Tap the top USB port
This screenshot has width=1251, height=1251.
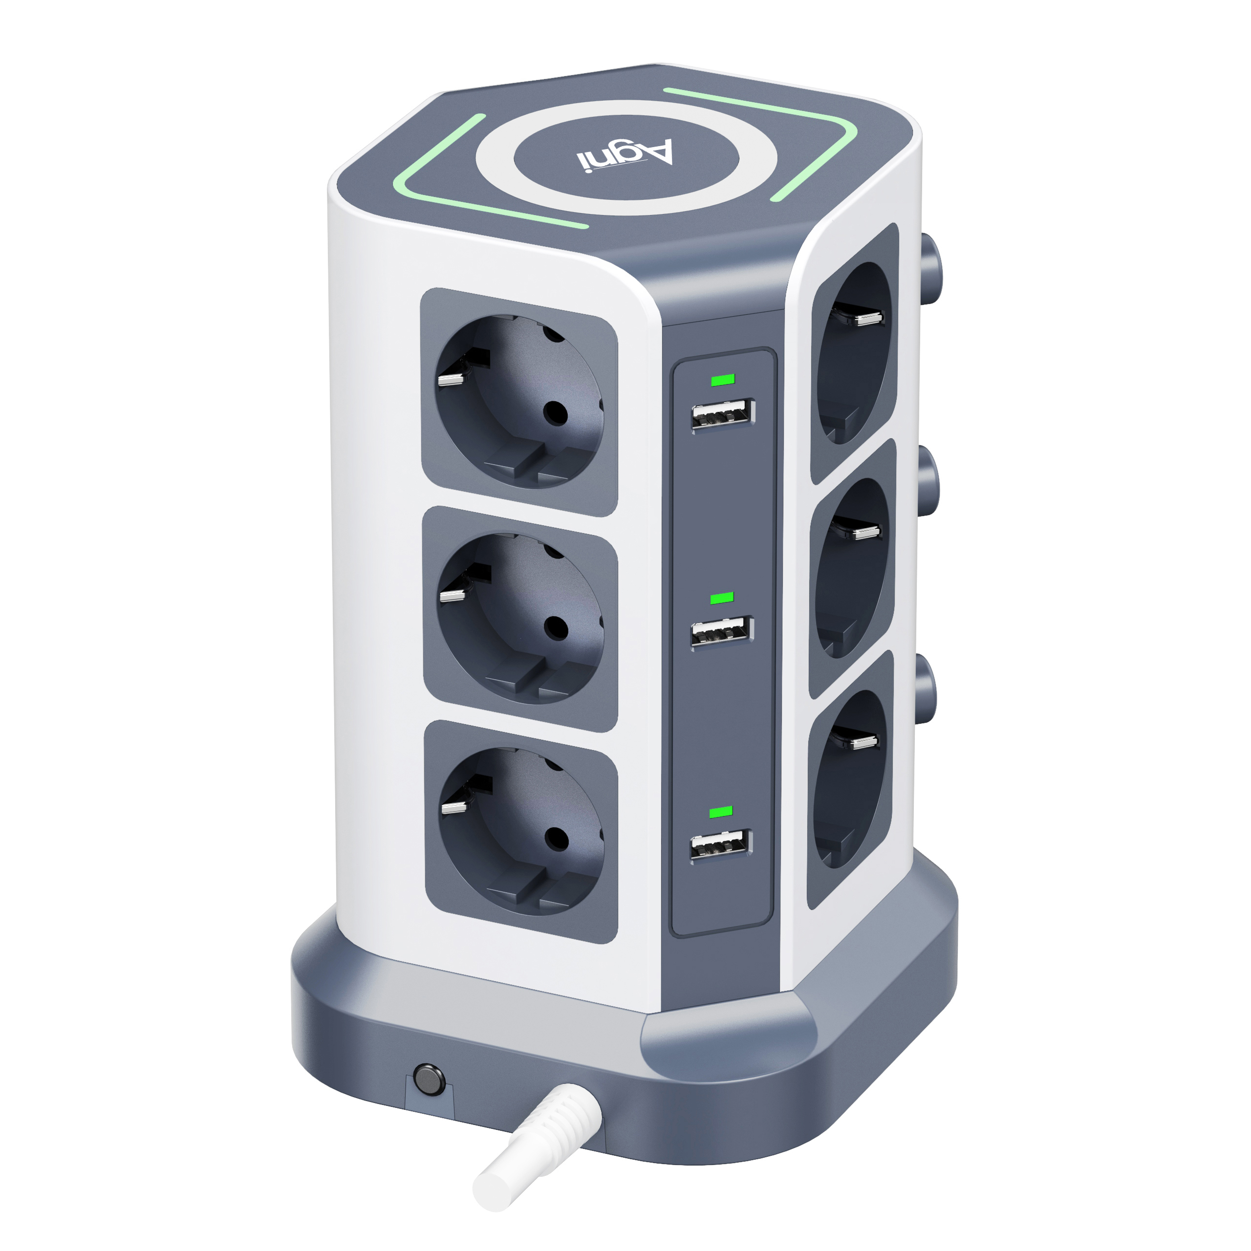coord(723,414)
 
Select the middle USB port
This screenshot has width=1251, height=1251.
coord(722,632)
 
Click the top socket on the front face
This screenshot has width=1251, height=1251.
coord(519,402)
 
